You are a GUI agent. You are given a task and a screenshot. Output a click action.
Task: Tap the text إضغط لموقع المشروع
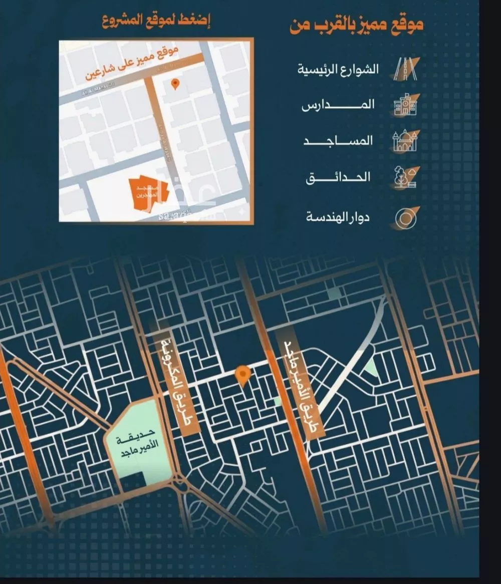coord(156,22)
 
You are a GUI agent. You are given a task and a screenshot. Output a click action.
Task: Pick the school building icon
coord(404,105)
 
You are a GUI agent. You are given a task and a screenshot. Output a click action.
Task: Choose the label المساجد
coord(339,141)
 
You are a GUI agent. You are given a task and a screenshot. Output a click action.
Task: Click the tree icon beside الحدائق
coord(404,178)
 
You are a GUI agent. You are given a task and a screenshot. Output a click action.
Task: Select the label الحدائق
coord(339,177)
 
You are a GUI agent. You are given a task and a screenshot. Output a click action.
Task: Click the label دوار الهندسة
coord(338,218)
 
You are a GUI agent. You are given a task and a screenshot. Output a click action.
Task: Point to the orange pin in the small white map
coord(175,84)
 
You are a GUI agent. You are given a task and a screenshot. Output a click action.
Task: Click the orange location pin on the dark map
coord(243,375)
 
